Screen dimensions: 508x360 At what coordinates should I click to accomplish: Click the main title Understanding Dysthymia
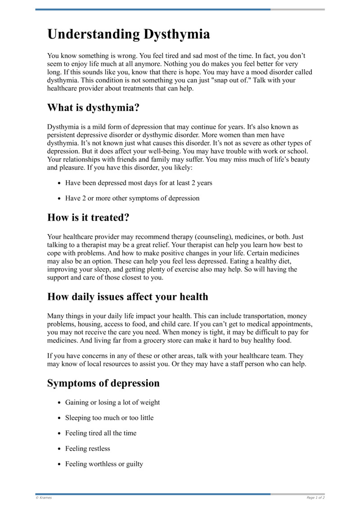pyautogui.click(x=128, y=34)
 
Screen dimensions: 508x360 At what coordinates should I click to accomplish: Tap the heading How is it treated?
pyautogui.click(x=88, y=218)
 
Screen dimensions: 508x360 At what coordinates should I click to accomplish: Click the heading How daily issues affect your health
pyautogui.click(x=127, y=297)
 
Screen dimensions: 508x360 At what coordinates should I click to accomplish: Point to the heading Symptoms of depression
pyautogui.click(x=103, y=383)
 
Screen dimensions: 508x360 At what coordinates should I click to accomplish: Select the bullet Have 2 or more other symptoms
pyautogui.click(x=132, y=198)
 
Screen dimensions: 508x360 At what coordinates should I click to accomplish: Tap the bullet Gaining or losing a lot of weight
pyautogui.click(x=112, y=402)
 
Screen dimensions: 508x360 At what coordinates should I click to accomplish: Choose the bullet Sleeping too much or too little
pyautogui.click(x=109, y=418)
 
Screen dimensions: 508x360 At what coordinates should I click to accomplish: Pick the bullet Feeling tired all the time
pyautogui.click(x=101, y=433)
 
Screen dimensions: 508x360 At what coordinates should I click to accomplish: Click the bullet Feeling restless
pyautogui.click(x=87, y=448)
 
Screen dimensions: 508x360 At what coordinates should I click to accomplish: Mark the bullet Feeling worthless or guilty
pyautogui.click(x=104, y=463)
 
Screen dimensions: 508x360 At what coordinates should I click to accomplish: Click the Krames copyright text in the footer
pyautogui.click(x=44, y=498)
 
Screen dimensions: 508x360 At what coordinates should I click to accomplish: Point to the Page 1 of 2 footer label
pyautogui.click(x=315, y=498)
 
